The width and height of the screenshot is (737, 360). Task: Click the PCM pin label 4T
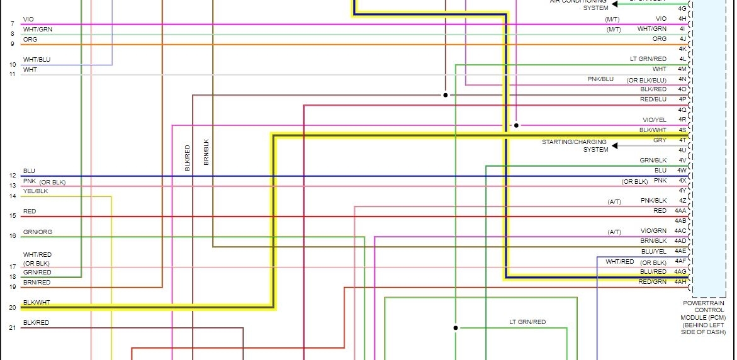point(682,140)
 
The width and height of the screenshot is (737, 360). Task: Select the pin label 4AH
point(680,281)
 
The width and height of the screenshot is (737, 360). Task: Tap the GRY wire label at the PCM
point(660,140)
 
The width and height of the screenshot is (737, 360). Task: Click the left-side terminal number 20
point(13,307)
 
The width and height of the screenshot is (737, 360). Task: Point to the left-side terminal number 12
point(13,175)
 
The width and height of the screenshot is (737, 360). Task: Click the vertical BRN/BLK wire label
point(206,152)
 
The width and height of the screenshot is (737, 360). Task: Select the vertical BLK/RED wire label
point(187,158)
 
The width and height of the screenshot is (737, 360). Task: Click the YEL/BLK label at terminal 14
point(35,190)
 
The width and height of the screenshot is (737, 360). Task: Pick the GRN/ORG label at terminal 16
point(38,232)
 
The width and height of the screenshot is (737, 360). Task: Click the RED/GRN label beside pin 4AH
point(652,281)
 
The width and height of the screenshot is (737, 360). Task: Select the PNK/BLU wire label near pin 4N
point(600,79)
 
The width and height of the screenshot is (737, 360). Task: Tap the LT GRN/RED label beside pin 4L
point(648,59)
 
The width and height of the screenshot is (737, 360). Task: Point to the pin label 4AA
point(680,211)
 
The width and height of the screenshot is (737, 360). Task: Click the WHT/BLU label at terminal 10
point(37,59)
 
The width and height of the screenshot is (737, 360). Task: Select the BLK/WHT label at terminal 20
point(36,302)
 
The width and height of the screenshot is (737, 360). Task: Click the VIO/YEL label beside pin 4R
point(654,120)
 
